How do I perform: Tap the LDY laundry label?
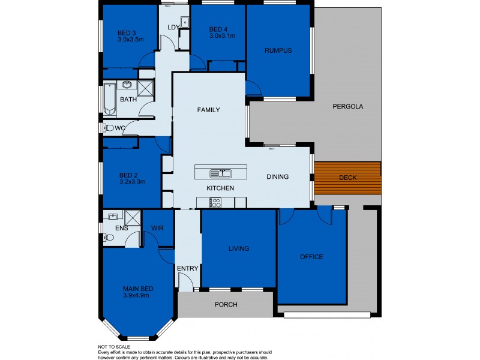click(x=173, y=27)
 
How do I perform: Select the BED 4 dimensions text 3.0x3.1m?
click(x=222, y=36)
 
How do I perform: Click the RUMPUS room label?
click(x=278, y=50)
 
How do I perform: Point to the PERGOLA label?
click(x=348, y=107)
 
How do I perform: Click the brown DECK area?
click(x=348, y=177)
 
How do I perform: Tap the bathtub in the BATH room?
click(x=109, y=100)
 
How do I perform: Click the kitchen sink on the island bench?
click(x=221, y=174)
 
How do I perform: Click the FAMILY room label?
click(x=209, y=110)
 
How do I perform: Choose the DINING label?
click(x=278, y=177)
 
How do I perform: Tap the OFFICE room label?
click(x=311, y=257)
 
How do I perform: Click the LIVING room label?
click(x=238, y=248)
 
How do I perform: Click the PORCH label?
click(x=226, y=305)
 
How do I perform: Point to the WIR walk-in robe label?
click(x=158, y=228)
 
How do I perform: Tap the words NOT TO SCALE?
click(x=115, y=347)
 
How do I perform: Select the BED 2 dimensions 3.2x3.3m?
click(x=133, y=181)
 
